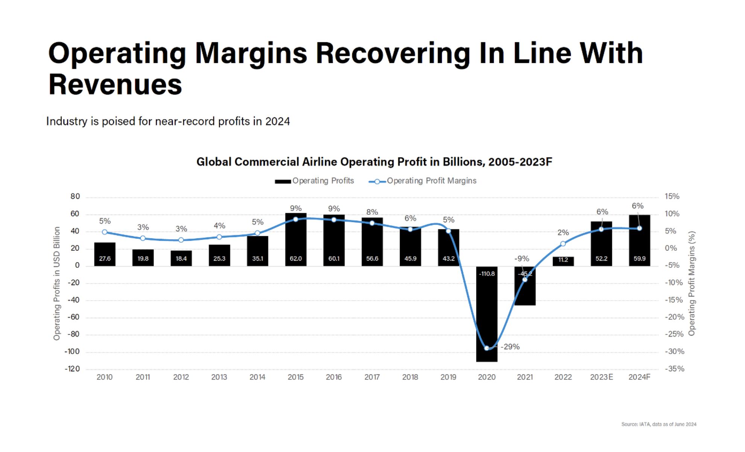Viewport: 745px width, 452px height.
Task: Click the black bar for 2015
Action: click(x=295, y=241)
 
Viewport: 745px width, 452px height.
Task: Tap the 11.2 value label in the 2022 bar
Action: click(x=563, y=260)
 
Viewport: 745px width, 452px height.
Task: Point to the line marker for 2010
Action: click(x=105, y=232)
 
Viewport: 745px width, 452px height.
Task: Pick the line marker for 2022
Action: click(x=563, y=244)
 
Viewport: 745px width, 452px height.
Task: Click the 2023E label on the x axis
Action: click(x=601, y=377)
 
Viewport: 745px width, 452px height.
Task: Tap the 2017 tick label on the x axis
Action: click(x=372, y=377)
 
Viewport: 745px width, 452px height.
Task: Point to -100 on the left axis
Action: click(x=72, y=352)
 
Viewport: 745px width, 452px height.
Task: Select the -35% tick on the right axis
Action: click(x=674, y=369)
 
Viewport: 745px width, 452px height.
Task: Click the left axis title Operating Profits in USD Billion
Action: click(x=57, y=283)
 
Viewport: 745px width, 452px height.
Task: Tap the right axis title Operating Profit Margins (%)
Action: click(x=692, y=283)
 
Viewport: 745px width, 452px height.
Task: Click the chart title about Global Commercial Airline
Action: click(x=374, y=162)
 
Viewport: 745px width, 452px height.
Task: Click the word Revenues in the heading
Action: click(x=115, y=84)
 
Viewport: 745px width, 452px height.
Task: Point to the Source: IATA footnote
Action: click(x=658, y=425)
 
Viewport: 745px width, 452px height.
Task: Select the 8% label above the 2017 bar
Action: click(x=372, y=212)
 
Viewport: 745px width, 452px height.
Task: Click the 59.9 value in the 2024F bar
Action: click(x=639, y=259)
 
